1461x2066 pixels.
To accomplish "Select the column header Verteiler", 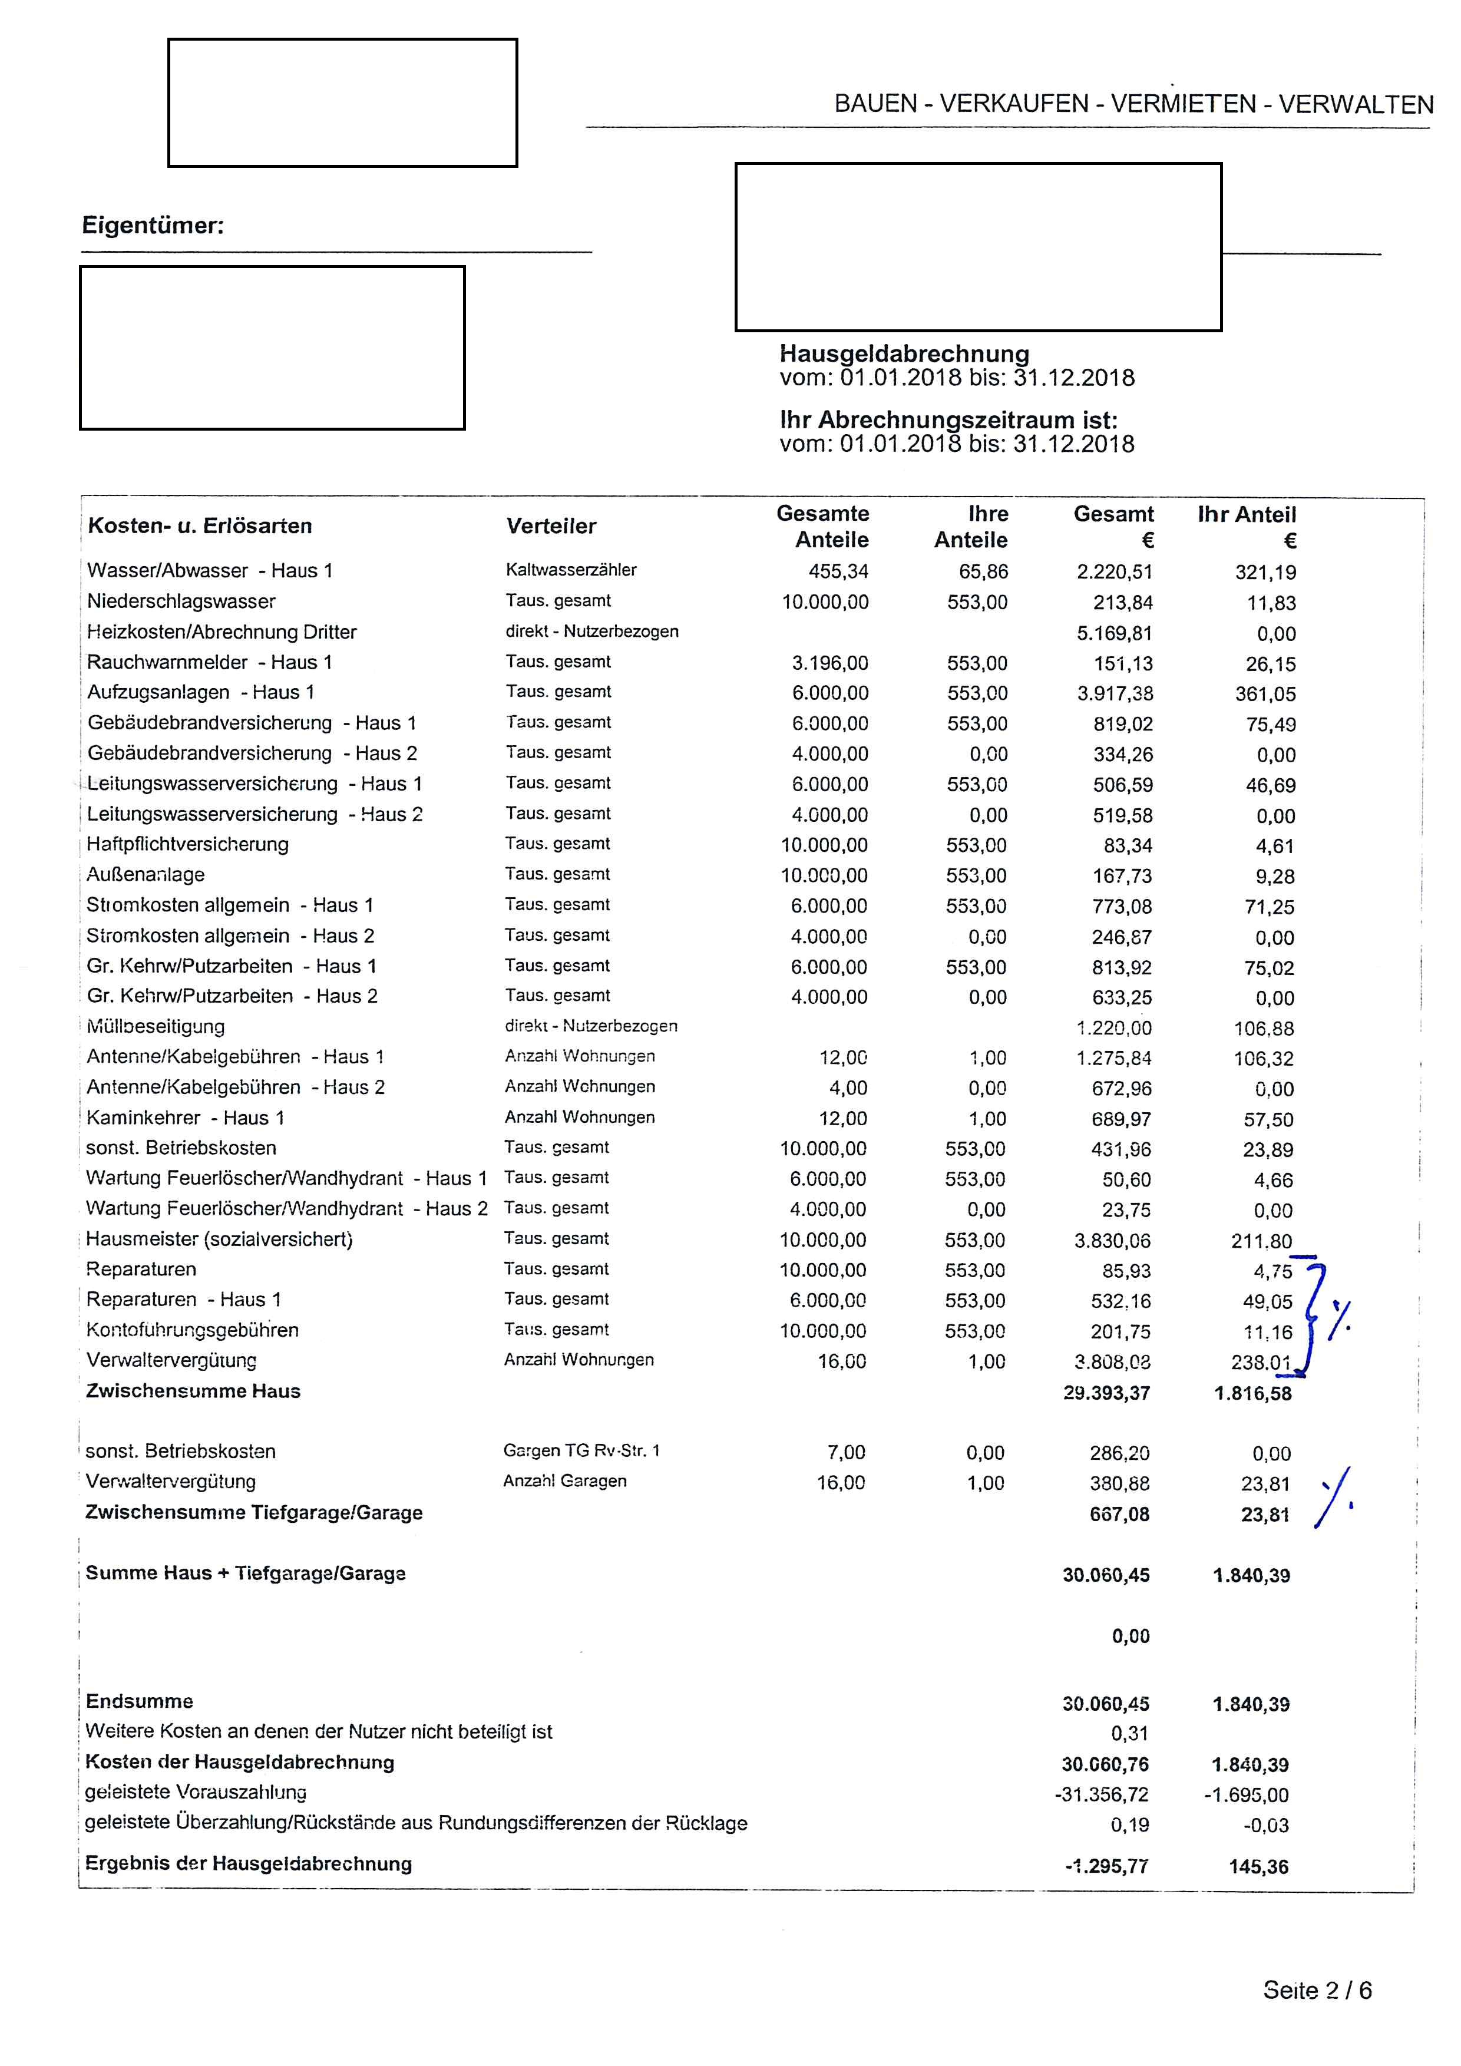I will click(551, 527).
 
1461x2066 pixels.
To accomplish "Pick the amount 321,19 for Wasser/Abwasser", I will click(1265, 572).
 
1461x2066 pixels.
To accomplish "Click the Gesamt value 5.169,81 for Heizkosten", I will click(1114, 633).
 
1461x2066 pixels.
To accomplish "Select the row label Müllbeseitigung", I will click(156, 1027).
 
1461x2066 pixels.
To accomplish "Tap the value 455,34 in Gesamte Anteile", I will click(838, 572).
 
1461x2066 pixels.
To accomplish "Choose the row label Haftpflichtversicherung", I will click(187, 845).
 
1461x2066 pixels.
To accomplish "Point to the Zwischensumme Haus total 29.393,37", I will click(1106, 1393).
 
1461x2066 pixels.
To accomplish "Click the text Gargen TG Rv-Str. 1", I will click(581, 1450).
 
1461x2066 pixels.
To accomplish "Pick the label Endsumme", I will click(140, 1701).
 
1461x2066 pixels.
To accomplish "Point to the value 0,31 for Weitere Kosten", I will click(1129, 1734).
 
